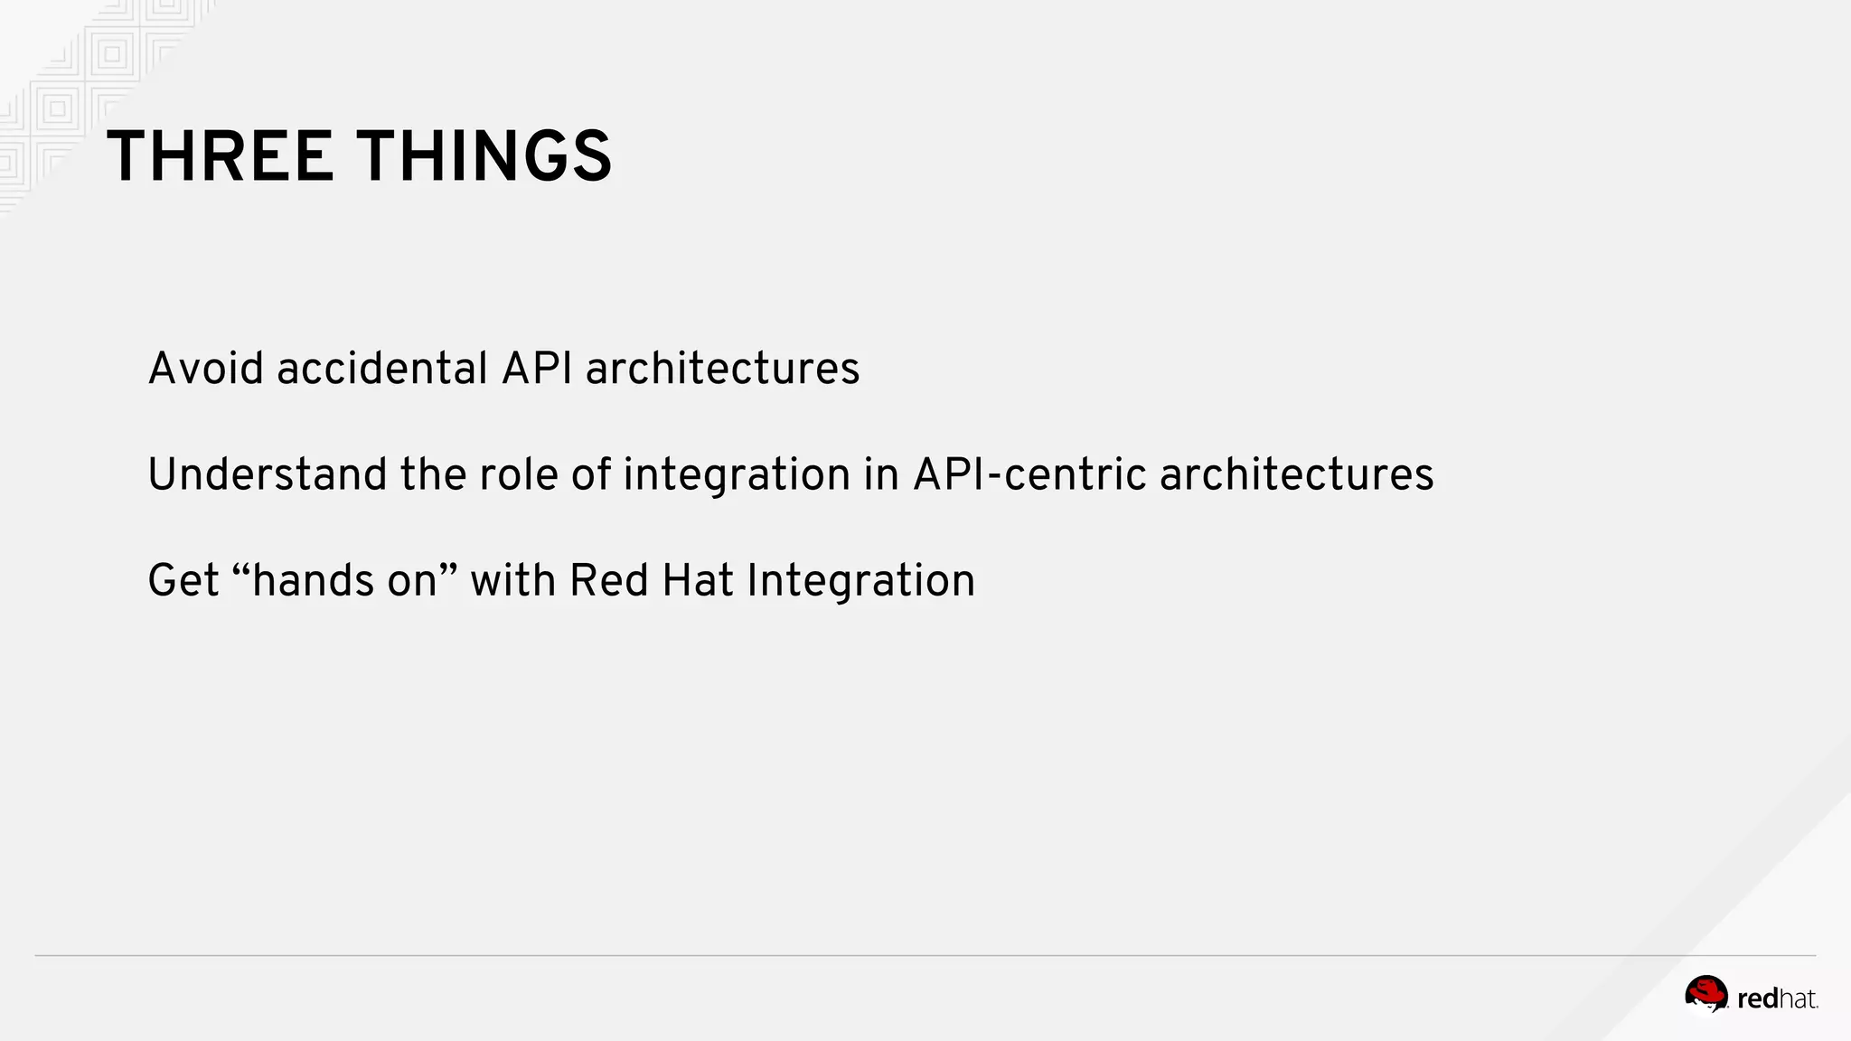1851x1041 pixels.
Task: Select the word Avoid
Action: coord(205,369)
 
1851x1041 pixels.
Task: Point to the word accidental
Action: coord(382,369)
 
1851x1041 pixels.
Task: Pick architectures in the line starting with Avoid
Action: coord(722,369)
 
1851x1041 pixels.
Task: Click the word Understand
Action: coord(268,474)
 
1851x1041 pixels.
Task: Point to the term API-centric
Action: coord(1029,474)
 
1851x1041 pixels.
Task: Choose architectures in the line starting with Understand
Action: coord(1296,474)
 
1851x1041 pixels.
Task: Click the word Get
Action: coord(183,580)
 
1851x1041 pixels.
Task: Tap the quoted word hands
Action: coord(312,580)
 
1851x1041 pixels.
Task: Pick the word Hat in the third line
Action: coord(697,580)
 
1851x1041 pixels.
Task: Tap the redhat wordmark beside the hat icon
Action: coord(1777,999)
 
